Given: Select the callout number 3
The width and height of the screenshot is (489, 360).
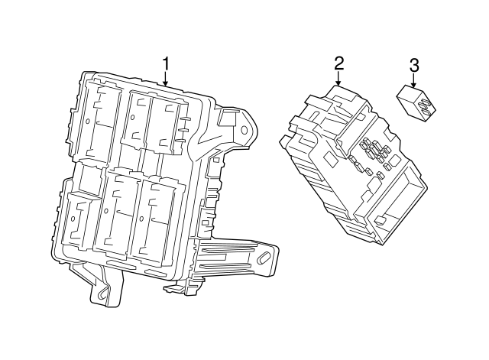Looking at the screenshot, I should point(414,65).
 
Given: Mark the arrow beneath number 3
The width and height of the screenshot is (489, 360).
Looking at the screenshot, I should point(414,79).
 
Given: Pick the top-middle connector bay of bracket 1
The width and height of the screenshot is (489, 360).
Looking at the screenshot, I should point(137,118).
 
